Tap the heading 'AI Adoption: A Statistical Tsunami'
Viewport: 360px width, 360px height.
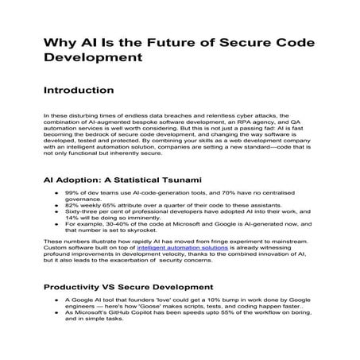(122, 180)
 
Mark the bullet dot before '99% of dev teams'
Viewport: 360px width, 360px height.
(56, 194)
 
